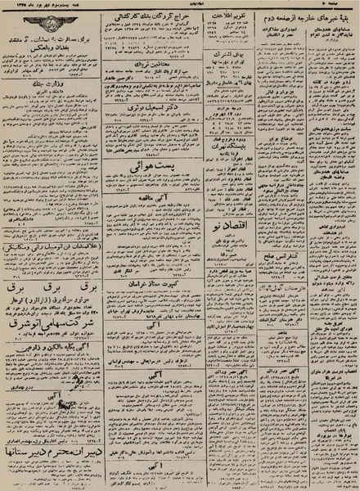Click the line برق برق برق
(x=54, y=290)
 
